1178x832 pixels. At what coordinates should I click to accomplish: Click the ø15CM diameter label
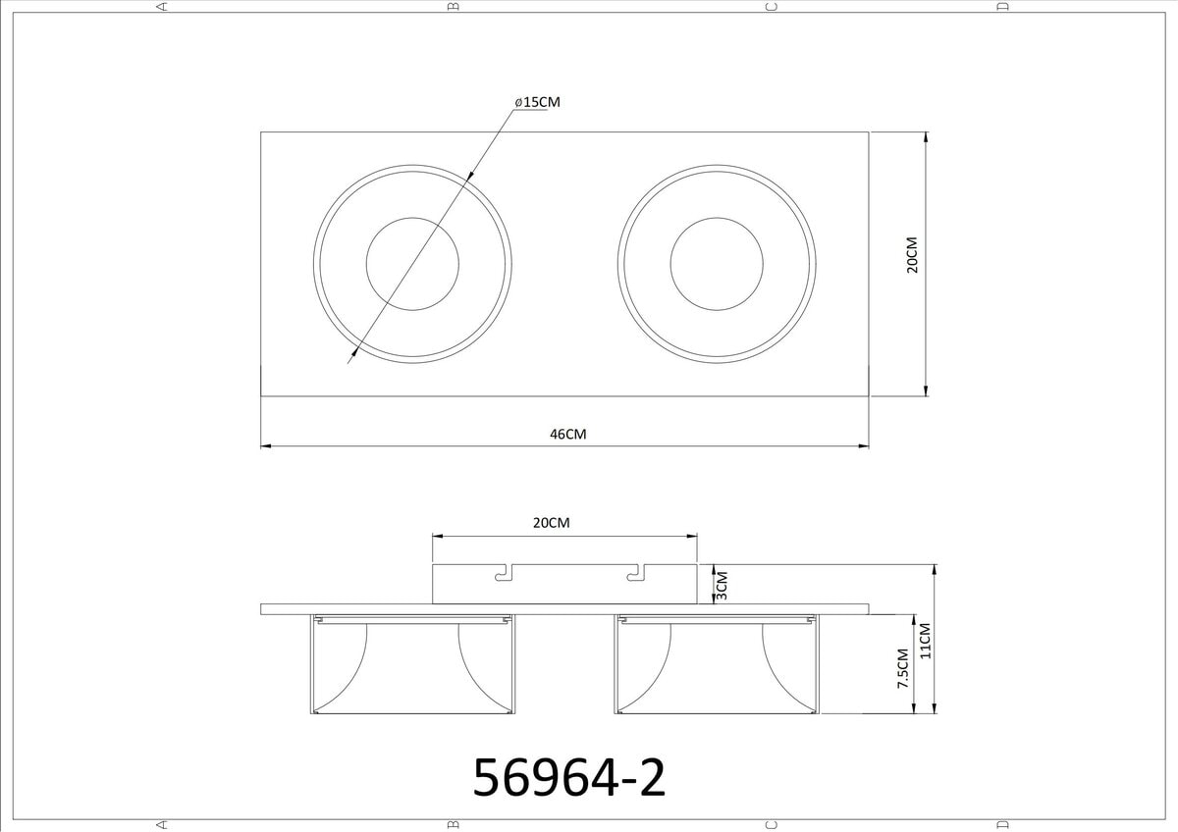pyautogui.click(x=538, y=102)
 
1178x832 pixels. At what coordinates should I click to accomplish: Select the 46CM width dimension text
pyautogui.click(x=568, y=434)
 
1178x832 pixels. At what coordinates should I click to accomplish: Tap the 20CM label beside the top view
pyautogui.click(x=912, y=255)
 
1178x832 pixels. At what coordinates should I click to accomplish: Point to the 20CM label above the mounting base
pyautogui.click(x=551, y=523)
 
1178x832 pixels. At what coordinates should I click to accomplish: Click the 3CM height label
pyautogui.click(x=723, y=586)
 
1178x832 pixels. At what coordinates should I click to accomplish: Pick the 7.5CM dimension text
pyautogui.click(x=903, y=668)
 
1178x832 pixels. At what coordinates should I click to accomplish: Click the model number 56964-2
pyautogui.click(x=569, y=778)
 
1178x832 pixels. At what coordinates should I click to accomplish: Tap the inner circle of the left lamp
pyautogui.click(x=412, y=218)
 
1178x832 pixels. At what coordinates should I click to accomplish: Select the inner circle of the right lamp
pyautogui.click(x=717, y=218)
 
